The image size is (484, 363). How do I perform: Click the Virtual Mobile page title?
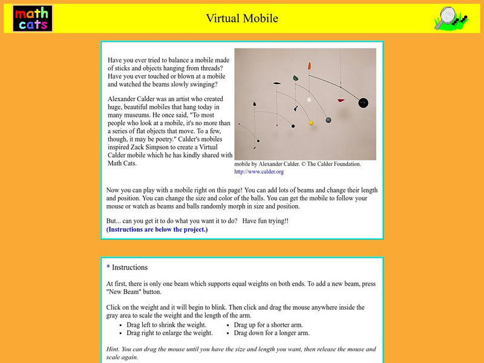[241, 18]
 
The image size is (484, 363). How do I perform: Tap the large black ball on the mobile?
[363, 102]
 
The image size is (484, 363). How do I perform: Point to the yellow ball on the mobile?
[311, 123]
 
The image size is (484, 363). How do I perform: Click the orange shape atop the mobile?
[309, 65]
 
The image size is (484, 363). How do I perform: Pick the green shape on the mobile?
[296, 78]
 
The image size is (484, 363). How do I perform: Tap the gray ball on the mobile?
[329, 120]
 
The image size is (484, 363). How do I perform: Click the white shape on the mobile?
[309, 99]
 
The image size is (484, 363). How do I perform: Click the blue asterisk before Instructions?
[108, 267]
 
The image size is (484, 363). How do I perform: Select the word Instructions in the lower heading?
[130, 267]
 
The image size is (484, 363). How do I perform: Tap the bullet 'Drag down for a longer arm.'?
[272, 333]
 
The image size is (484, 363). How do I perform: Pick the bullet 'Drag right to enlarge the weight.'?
[169, 333]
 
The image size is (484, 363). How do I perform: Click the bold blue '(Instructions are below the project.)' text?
[157, 229]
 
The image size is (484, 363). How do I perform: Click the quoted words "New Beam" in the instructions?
[123, 290]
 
